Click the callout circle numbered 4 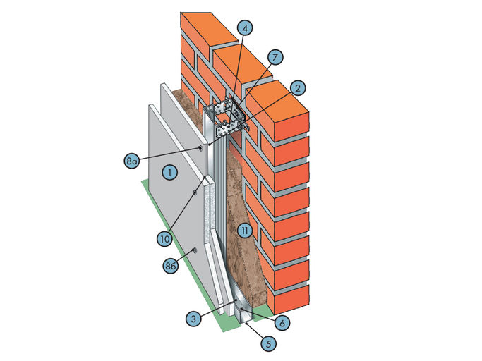[245, 28]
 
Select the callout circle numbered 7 [275, 57]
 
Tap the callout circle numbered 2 [297, 88]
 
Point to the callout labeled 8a [132, 161]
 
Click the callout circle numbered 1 [169, 172]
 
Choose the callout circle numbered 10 [164, 238]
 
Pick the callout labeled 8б [171, 265]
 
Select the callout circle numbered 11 [245, 231]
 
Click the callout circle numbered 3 [193, 318]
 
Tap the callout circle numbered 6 [282, 322]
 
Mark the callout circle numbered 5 [269, 343]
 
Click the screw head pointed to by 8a [200, 149]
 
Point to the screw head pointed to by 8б [195, 251]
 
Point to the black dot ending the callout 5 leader [248, 324]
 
